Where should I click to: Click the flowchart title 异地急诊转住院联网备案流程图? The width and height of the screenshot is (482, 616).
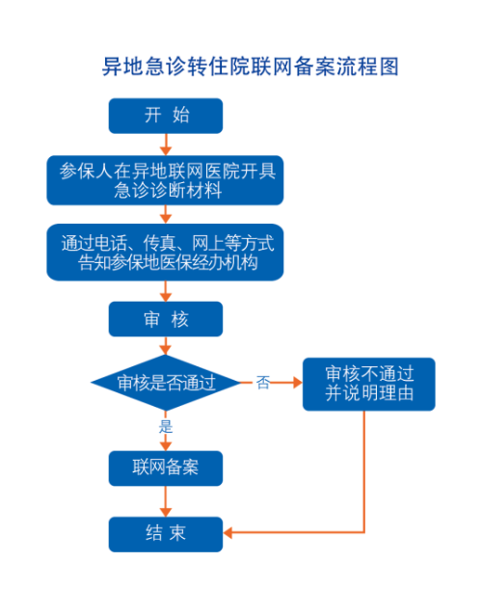tap(250, 67)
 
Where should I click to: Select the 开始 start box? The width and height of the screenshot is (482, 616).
tap(166, 116)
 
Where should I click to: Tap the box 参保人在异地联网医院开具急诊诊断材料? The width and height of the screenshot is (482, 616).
tap(166, 179)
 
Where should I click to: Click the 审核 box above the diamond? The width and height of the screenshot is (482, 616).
tap(166, 319)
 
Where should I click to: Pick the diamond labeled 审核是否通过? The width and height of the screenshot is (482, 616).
tap(166, 382)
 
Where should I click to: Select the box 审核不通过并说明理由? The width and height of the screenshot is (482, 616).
tap(369, 384)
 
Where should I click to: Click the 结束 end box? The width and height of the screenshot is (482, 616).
tap(166, 533)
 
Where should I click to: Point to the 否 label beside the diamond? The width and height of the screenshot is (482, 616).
tap(262, 383)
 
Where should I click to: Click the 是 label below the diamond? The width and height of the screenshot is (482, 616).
tap(166, 425)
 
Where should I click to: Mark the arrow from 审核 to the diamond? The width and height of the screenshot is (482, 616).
tap(166, 346)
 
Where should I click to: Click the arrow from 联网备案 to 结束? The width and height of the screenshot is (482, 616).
tap(166, 500)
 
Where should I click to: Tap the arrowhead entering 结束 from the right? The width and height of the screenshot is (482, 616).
tap(229, 532)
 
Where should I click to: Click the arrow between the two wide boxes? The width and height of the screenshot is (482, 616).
tap(166, 215)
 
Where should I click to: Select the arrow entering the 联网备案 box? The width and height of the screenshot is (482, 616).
tap(166, 443)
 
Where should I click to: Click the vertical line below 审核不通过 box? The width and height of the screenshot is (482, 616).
tap(365, 472)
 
